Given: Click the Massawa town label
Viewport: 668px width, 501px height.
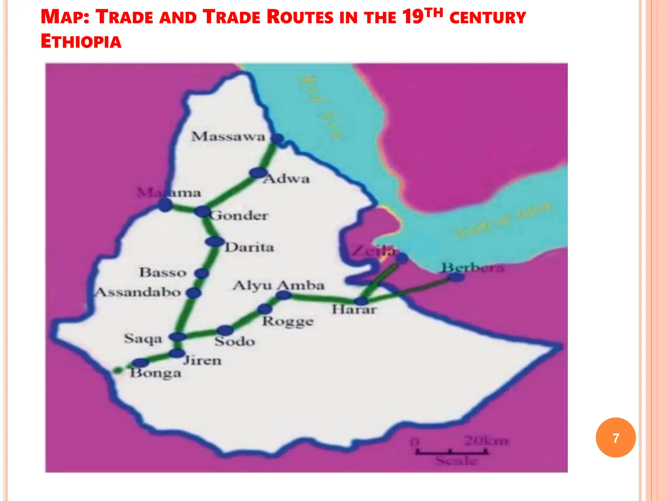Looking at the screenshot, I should [228, 137].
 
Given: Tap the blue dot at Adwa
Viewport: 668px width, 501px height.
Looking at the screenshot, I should [258, 173].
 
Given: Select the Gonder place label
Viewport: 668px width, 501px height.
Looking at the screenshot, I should [239, 216].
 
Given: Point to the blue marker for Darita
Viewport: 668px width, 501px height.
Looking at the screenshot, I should [215, 242].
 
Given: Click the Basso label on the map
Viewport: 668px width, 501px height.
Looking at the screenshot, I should [163, 272].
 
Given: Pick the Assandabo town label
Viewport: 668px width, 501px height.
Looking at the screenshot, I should [138, 292].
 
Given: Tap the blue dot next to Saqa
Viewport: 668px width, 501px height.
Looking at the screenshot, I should [178, 337].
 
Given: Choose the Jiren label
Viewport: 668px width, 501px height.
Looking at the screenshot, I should [202, 361].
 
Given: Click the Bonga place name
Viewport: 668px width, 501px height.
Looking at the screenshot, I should [156, 373].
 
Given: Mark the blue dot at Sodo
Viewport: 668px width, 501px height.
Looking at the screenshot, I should [225, 330].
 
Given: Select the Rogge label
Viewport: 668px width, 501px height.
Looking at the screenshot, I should [288, 322].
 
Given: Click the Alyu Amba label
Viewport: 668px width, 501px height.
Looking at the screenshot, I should [279, 285].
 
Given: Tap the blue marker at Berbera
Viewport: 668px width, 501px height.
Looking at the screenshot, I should [456, 277].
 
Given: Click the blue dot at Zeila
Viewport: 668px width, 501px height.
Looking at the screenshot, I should [402, 258].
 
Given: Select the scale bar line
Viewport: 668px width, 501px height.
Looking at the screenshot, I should [451, 452].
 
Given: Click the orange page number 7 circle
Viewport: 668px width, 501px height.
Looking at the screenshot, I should [615, 438].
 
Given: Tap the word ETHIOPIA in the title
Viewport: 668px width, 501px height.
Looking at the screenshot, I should [81, 42].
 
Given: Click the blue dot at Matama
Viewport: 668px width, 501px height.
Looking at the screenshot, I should [165, 205].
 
